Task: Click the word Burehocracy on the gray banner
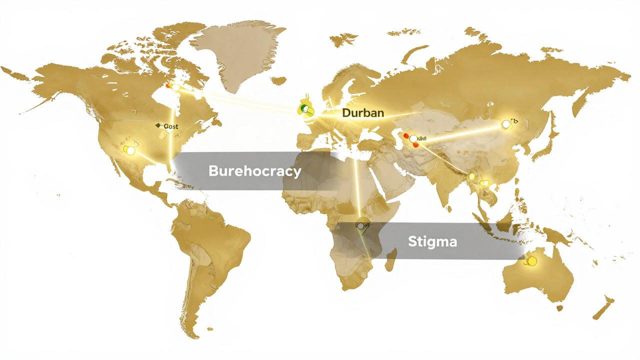tap(254, 171)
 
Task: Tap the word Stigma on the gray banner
tap(432, 241)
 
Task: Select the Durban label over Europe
tap(363, 112)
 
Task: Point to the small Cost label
tap(170, 126)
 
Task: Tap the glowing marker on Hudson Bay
tap(175, 87)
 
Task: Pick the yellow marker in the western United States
tap(129, 149)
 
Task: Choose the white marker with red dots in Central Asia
tap(413, 139)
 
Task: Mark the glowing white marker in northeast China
tap(506, 123)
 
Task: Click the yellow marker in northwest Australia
tap(531, 261)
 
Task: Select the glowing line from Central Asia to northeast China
tap(460, 132)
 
